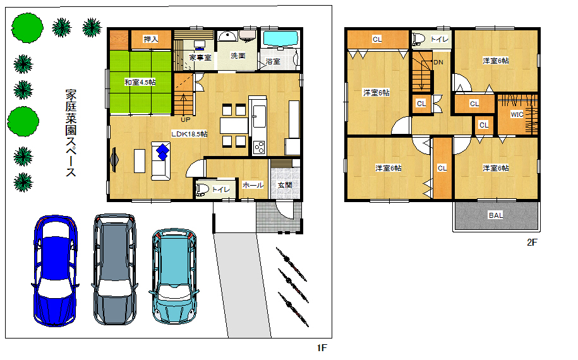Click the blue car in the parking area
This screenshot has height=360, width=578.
click(x=56, y=271)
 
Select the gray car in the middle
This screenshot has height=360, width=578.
click(x=115, y=269)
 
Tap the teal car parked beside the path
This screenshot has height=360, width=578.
click(x=174, y=277)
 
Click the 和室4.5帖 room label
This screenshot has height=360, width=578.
click(x=140, y=82)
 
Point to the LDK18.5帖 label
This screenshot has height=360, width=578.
click(x=189, y=134)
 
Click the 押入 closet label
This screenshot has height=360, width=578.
click(x=151, y=39)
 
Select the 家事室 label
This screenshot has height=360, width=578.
click(x=200, y=58)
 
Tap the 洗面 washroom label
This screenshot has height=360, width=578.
click(x=238, y=56)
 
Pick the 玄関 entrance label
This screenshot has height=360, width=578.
click(x=284, y=185)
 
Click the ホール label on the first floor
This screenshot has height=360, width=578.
click(x=253, y=185)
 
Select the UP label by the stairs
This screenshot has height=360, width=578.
click(x=186, y=120)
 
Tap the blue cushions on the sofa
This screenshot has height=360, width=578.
click(x=162, y=152)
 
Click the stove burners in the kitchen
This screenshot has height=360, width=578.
click(x=259, y=147)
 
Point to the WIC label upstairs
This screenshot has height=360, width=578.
click(x=517, y=114)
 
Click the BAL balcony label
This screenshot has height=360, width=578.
click(x=495, y=215)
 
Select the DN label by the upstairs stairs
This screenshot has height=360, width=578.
click(x=438, y=63)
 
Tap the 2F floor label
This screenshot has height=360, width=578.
click(x=532, y=242)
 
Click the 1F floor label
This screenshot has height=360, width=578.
click(x=322, y=347)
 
